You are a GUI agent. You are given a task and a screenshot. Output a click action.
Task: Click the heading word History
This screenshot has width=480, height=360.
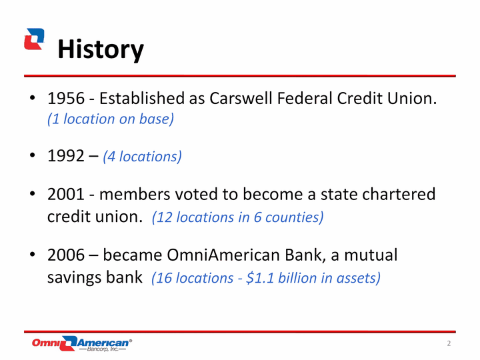(x=101, y=49)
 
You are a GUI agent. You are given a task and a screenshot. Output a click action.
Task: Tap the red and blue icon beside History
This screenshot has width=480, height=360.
(x=34, y=39)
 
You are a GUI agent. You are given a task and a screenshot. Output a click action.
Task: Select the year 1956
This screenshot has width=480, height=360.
(x=66, y=99)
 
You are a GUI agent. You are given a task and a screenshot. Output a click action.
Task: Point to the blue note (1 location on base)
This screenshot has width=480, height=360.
(x=111, y=119)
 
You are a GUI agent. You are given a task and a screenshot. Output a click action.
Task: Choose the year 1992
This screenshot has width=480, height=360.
(x=66, y=156)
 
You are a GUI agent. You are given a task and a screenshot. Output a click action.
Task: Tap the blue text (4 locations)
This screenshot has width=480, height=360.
(x=143, y=157)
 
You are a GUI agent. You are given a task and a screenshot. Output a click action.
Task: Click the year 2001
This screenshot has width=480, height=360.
(x=66, y=194)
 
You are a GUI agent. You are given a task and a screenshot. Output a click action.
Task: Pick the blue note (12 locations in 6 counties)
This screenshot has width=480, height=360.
(x=237, y=217)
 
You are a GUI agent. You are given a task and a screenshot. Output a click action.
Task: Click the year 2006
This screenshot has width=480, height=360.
(x=66, y=255)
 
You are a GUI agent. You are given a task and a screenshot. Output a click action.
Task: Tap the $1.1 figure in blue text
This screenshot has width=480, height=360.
(x=260, y=278)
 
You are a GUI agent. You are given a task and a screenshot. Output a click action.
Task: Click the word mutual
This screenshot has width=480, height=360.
(x=371, y=255)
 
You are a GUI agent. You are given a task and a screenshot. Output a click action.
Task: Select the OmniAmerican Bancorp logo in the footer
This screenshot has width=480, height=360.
(x=82, y=343)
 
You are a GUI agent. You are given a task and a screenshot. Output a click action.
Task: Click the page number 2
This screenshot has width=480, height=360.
(x=449, y=343)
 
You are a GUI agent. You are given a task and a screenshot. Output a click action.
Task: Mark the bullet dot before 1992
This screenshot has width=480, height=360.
(x=33, y=155)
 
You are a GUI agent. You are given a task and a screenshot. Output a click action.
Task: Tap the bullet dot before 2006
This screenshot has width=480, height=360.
(x=33, y=254)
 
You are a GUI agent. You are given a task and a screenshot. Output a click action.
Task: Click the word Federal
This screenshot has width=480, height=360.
(x=305, y=99)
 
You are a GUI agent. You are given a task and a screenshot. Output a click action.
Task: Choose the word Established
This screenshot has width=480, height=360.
(x=142, y=99)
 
